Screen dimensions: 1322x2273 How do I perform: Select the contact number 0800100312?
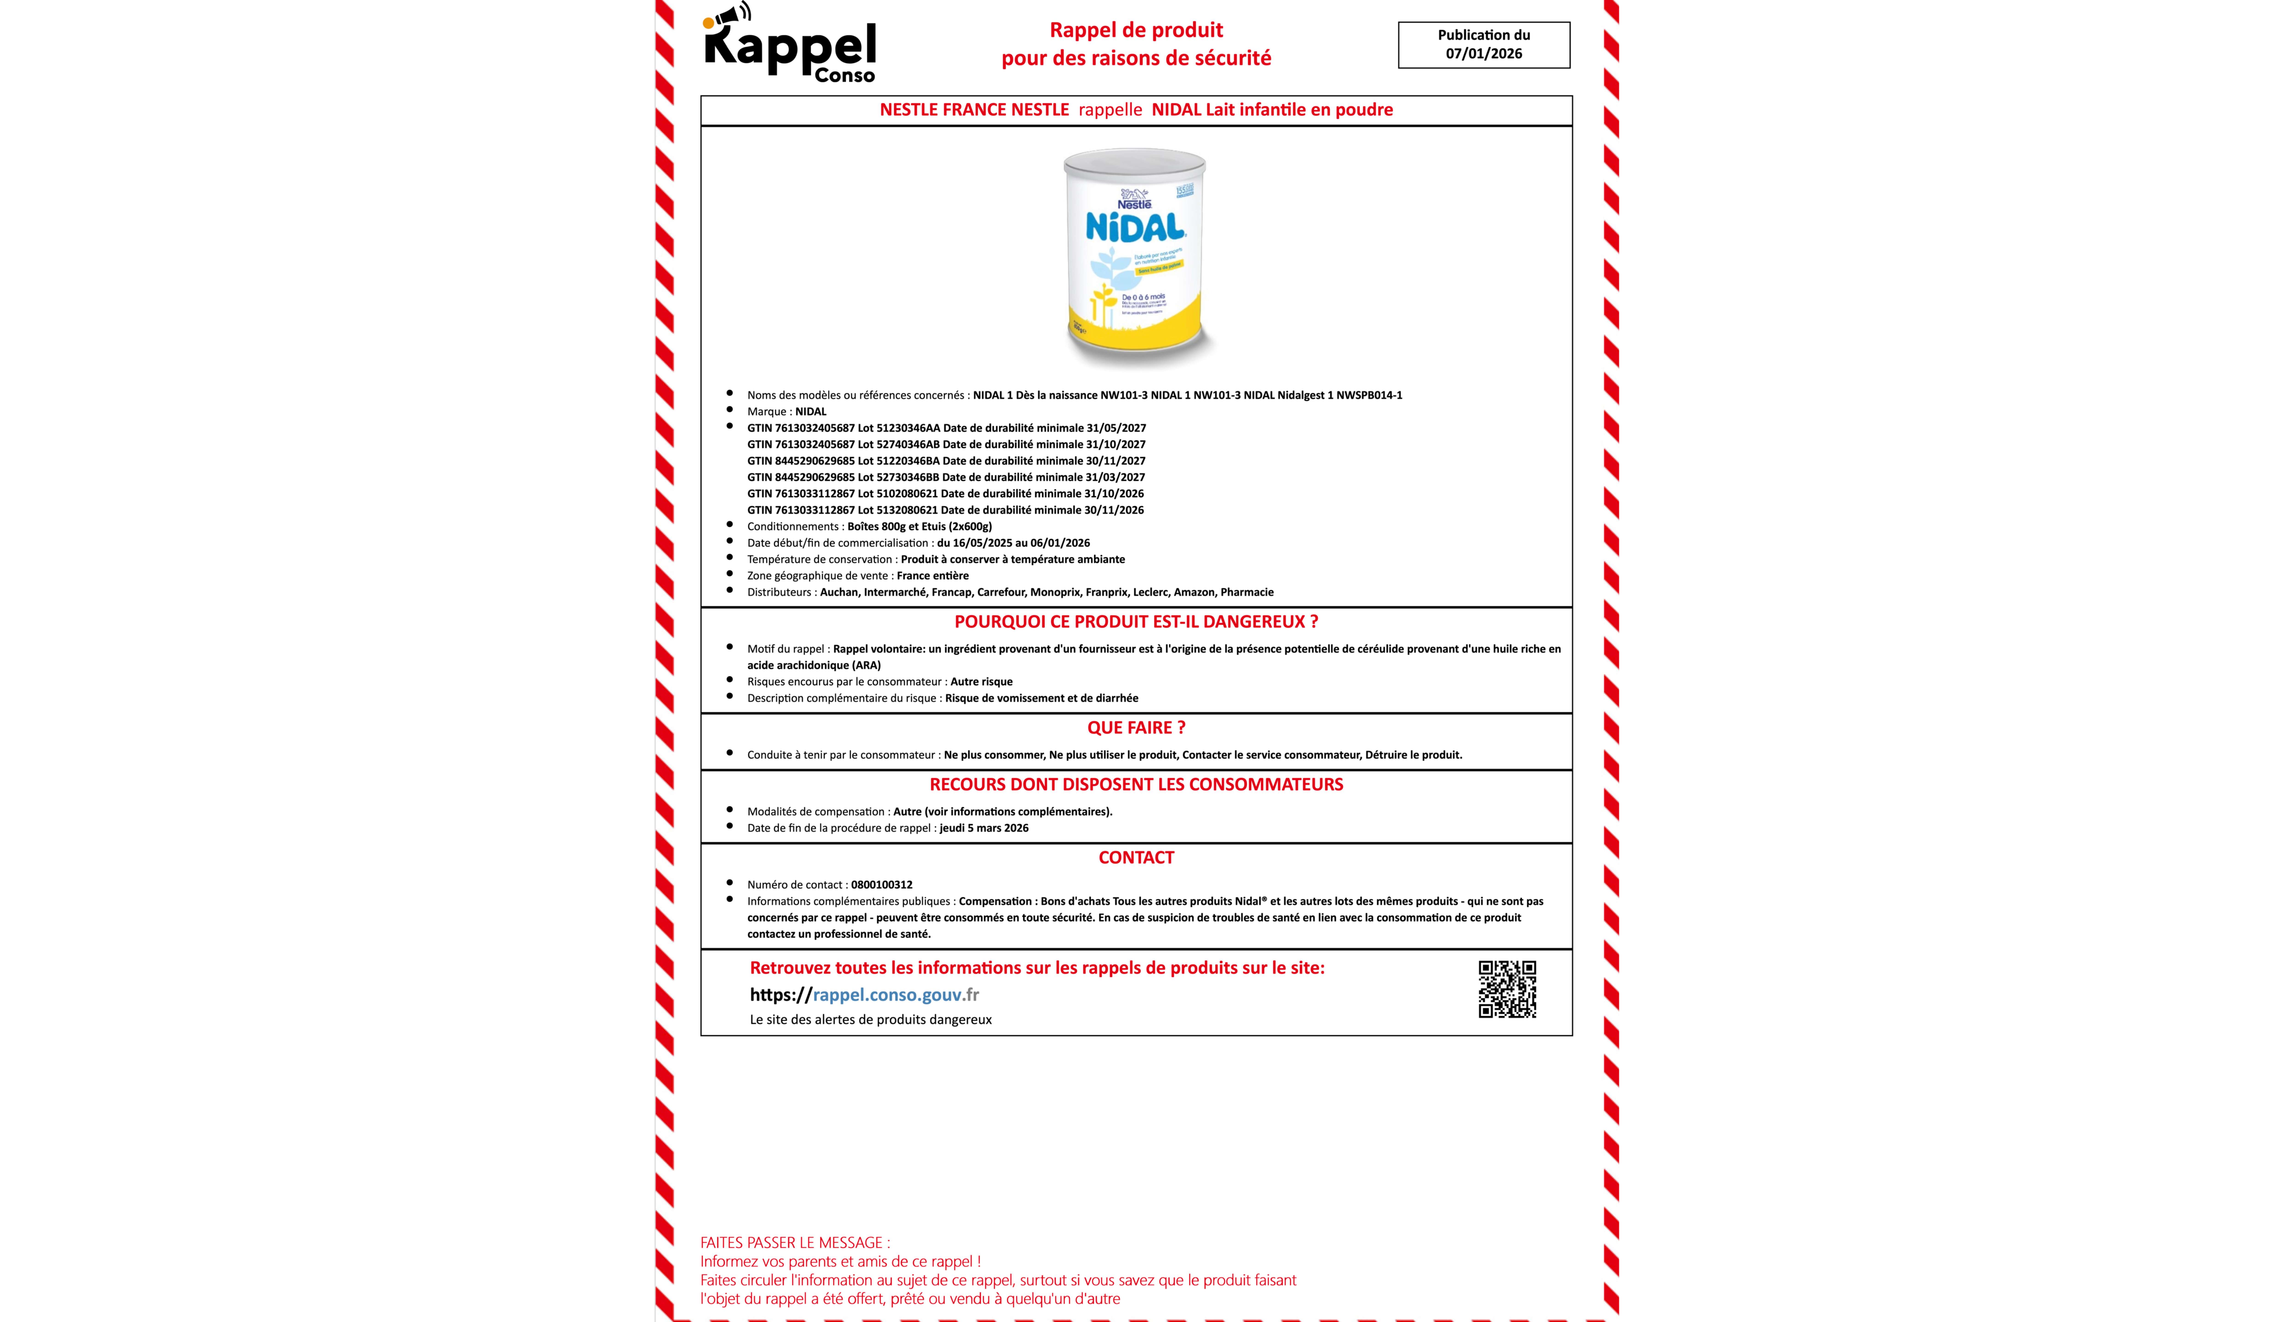click(881, 884)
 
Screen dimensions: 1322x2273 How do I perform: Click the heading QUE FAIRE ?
click(1136, 727)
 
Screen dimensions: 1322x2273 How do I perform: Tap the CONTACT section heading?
click(1136, 857)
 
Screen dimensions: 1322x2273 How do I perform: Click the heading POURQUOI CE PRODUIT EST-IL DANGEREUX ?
click(1136, 622)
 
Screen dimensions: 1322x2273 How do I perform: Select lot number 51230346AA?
click(907, 428)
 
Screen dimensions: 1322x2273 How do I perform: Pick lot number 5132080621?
click(906, 510)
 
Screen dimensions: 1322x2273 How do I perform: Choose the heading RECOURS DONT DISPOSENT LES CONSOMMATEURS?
click(1136, 784)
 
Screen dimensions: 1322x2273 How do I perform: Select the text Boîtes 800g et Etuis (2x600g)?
click(919, 526)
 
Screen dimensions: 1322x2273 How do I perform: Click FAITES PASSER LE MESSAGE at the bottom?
click(795, 1243)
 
